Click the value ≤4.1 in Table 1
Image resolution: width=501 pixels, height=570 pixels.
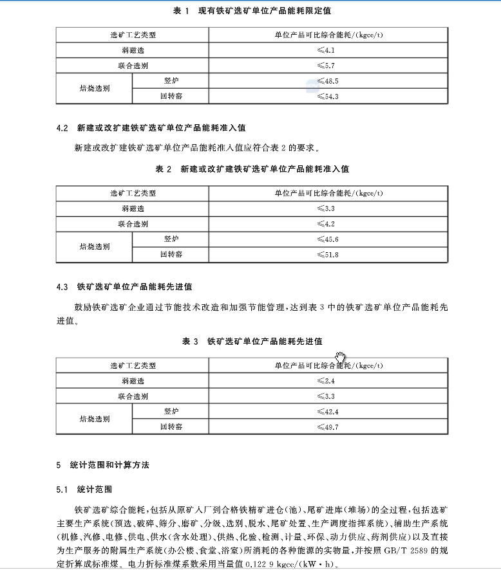pos(327,50)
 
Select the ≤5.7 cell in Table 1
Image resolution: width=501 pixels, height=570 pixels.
pos(327,66)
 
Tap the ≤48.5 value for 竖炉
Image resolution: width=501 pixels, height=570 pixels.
pos(328,81)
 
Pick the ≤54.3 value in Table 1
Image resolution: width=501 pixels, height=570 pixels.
pos(328,97)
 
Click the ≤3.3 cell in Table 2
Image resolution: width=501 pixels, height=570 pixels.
pos(327,208)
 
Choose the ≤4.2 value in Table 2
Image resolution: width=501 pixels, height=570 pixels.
pos(327,224)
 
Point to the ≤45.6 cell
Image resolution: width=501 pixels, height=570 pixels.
pos(328,239)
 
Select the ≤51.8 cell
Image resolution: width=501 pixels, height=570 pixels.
pos(328,255)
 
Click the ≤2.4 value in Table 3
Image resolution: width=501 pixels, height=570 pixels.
pos(327,381)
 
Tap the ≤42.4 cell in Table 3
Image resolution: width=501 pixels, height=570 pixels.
pos(328,411)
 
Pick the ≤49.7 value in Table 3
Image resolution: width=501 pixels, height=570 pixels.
pos(328,427)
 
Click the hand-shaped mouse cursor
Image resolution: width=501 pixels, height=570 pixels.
pos(341,357)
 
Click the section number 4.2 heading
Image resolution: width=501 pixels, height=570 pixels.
pos(62,128)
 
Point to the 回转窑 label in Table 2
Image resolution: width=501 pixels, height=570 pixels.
pos(171,255)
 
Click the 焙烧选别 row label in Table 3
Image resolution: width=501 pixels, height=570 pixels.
pos(95,419)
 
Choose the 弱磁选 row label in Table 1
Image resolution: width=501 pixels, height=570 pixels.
pos(133,50)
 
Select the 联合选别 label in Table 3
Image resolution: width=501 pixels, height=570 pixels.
pos(133,396)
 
